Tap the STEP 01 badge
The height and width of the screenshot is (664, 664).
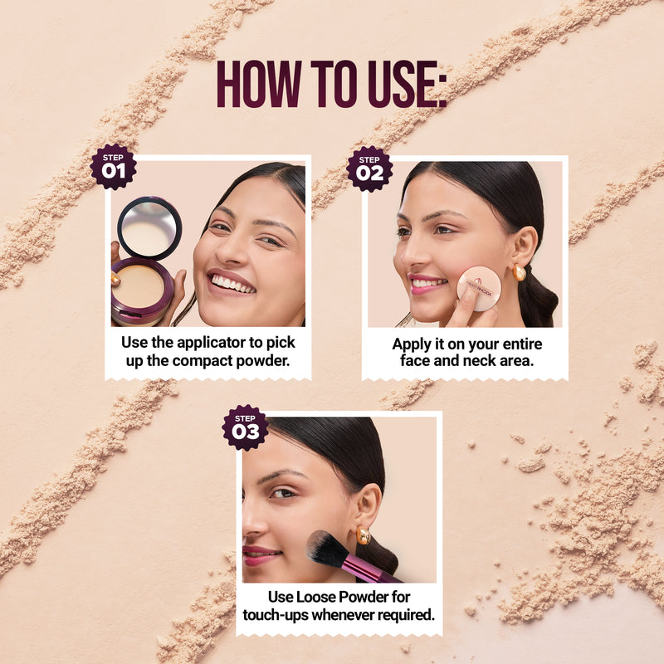pyautogui.click(x=113, y=167)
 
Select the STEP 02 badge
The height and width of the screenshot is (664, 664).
pyautogui.click(x=369, y=168)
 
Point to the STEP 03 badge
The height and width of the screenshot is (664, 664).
pyautogui.click(x=245, y=427)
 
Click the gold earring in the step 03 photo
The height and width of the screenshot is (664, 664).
pyautogui.click(x=363, y=535)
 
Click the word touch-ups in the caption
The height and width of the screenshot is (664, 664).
pyautogui.click(x=279, y=615)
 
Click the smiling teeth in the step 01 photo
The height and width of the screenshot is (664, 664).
pyautogui.click(x=232, y=284)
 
